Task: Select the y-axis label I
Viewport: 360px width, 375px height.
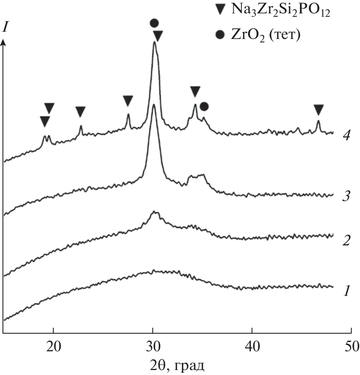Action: pos(5,27)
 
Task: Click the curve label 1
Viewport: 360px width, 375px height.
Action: pos(346,292)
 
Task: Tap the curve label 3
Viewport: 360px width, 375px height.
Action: pos(346,198)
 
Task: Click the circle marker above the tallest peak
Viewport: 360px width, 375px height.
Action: pos(154,23)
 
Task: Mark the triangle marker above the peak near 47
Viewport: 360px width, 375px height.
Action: pos(318,110)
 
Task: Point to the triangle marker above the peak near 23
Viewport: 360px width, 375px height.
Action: pos(80,112)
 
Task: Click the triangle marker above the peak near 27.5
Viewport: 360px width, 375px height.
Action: pos(128,101)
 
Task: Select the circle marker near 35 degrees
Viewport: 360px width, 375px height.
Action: pos(204,106)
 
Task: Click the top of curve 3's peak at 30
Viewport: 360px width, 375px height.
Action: pos(154,105)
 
